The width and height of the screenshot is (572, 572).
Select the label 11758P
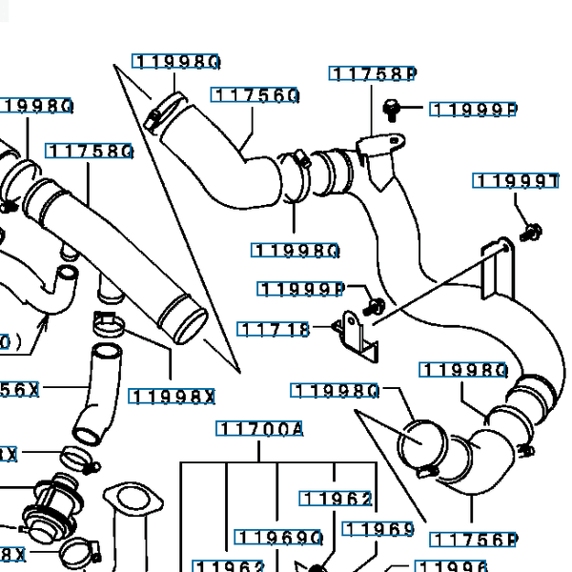375,73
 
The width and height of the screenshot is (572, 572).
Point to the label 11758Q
89,152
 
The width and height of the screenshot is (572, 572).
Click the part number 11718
275,330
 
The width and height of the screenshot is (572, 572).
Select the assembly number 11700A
260,430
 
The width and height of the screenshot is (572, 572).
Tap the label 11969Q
280,538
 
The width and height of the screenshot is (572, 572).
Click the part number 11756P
474,541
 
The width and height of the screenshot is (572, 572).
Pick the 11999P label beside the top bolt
474,110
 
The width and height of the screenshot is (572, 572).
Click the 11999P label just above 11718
301,288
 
